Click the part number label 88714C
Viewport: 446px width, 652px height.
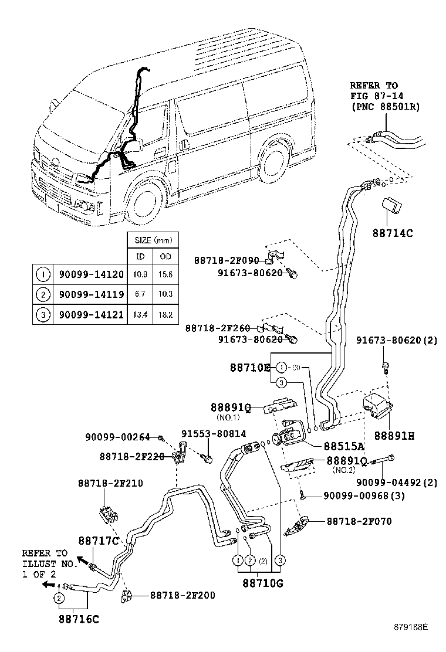[393, 233]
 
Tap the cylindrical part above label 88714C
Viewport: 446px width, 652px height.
[391, 206]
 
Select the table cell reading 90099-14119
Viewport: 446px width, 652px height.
[91, 294]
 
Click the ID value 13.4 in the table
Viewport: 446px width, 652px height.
[140, 315]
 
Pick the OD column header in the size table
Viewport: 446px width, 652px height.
[165, 257]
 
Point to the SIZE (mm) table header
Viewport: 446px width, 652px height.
[153, 240]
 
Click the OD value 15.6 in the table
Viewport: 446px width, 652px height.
[165, 274]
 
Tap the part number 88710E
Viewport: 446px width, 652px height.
[250, 368]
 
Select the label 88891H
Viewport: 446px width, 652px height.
[394, 436]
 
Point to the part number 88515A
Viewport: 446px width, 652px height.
[344, 446]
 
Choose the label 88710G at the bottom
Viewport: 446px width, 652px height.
[263, 583]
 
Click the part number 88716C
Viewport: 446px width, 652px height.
[79, 619]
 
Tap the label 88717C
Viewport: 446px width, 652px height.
[99, 541]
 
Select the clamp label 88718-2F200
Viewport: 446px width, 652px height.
[183, 596]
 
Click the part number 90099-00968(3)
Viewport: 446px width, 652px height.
[364, 495]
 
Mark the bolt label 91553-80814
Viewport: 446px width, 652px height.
[214, 434]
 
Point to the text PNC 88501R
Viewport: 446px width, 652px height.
[385, 107]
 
